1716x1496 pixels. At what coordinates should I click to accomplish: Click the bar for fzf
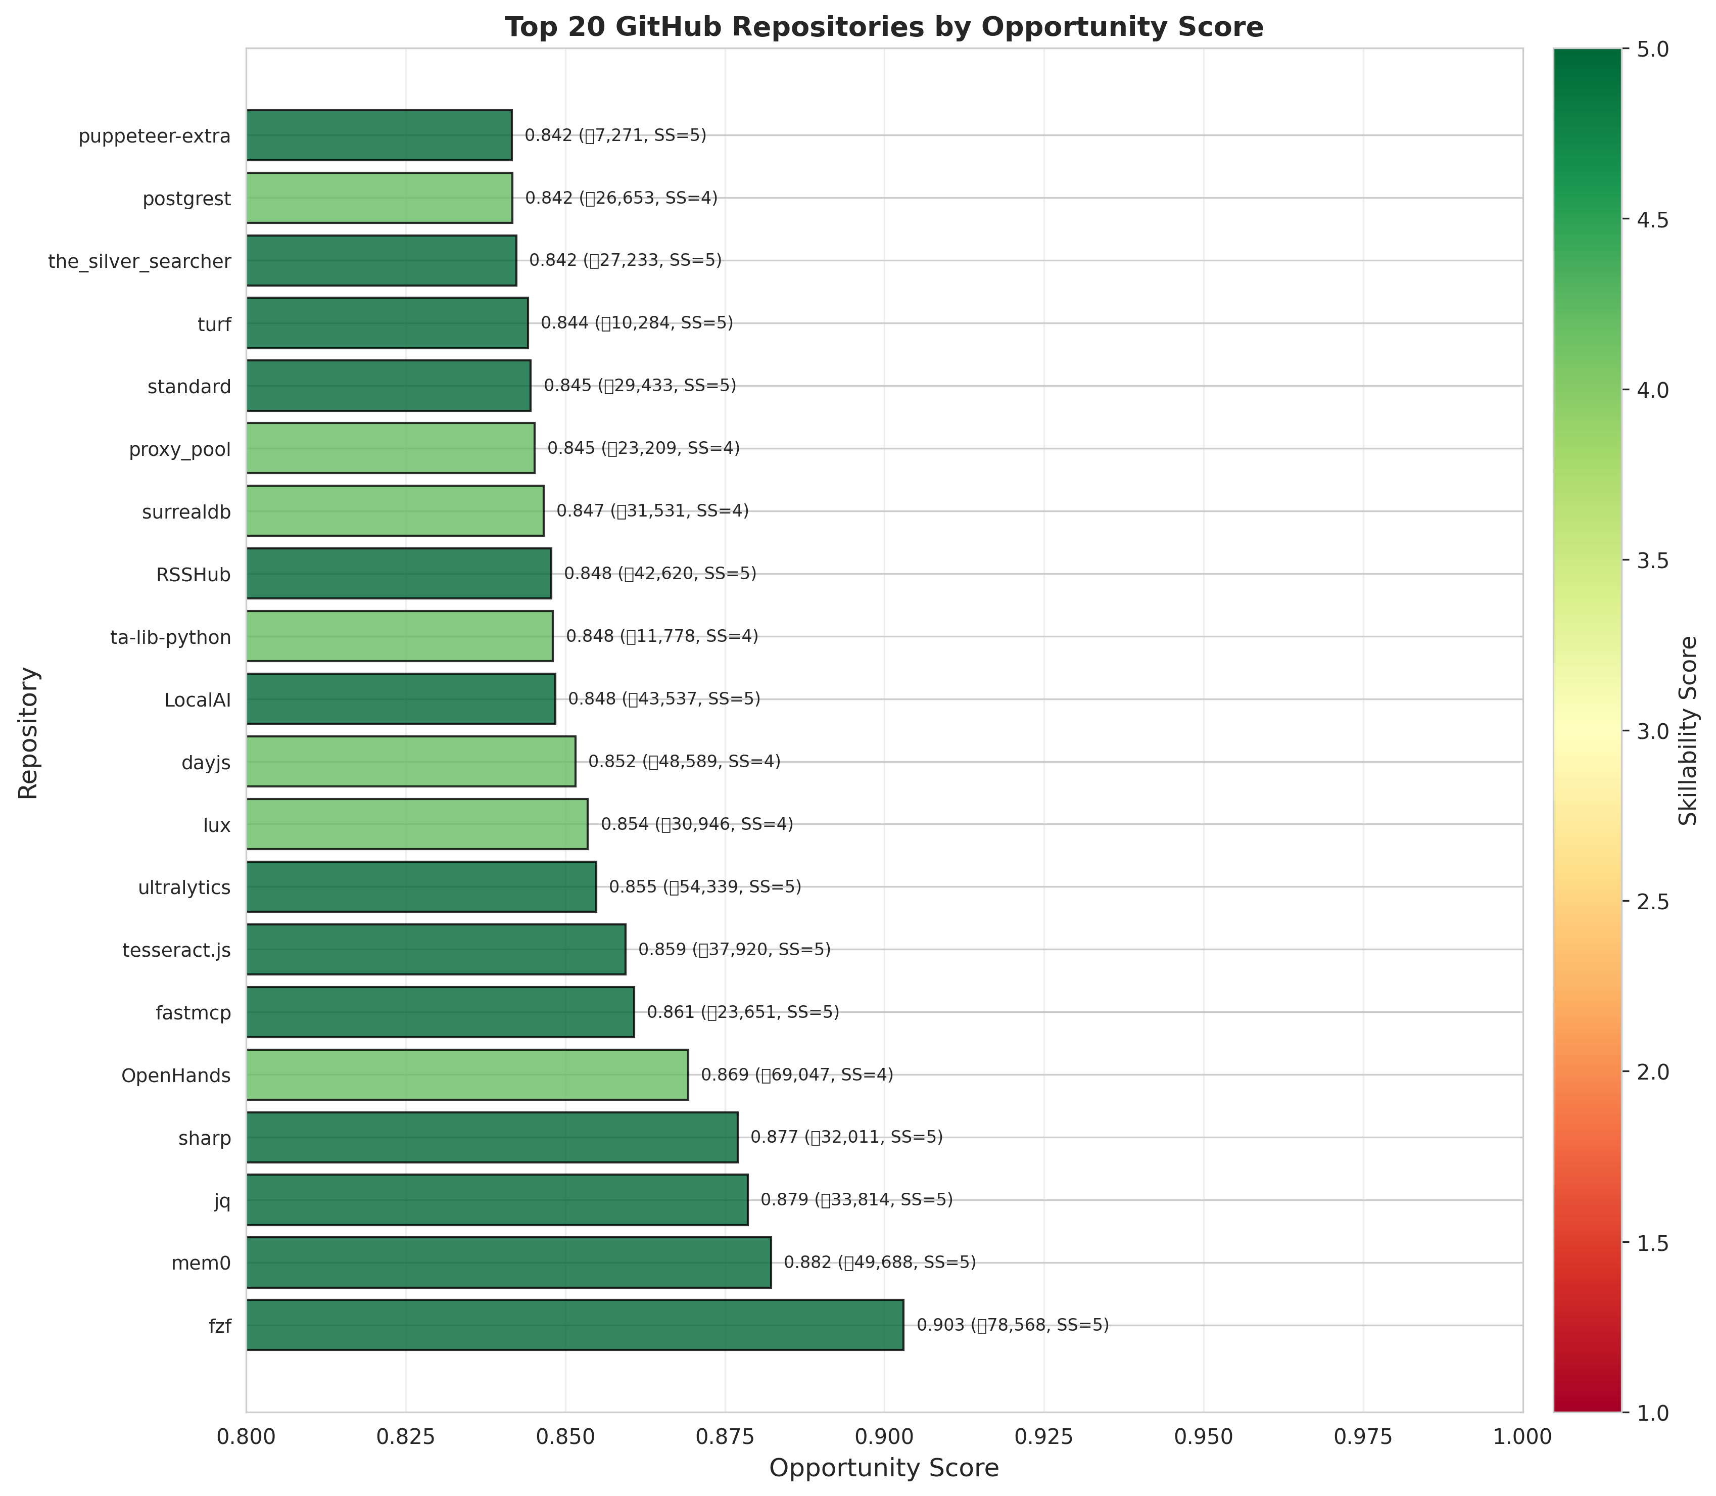tap(574, 1325)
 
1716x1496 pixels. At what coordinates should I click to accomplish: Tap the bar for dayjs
tap(411, 761)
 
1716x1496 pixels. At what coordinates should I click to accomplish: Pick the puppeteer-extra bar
tap(379, 135)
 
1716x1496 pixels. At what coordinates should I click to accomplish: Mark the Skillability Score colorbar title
tap(1688, 730)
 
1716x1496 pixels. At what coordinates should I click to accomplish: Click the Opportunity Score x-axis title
tap(884, 1468)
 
